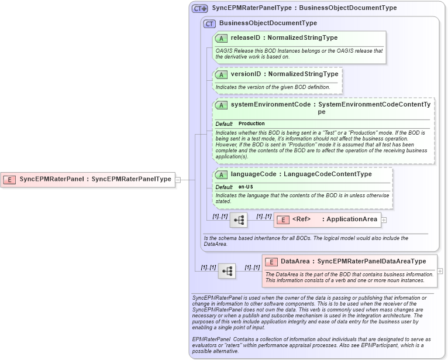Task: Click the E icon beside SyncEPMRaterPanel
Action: pos(9,179)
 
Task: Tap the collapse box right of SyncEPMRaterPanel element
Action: pos(178,180)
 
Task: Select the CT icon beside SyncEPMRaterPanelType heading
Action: pos(200,9)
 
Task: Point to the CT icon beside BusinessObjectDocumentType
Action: pos(209,23)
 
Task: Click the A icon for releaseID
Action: pos(221,38)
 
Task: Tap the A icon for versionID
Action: pos(221,74)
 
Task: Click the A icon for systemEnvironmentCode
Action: pos(221,105)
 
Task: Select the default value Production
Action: pos(251,124)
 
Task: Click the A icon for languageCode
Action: pos(221,174)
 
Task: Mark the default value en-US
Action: pos(246,187)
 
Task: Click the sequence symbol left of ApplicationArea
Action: pos(239,220)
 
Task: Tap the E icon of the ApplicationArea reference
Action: pos(283,220)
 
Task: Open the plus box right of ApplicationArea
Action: pos(384,220)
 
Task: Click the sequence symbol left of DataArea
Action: pos(227,270)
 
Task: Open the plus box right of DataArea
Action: pos(440,271)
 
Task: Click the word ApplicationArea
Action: pos(351,220)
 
